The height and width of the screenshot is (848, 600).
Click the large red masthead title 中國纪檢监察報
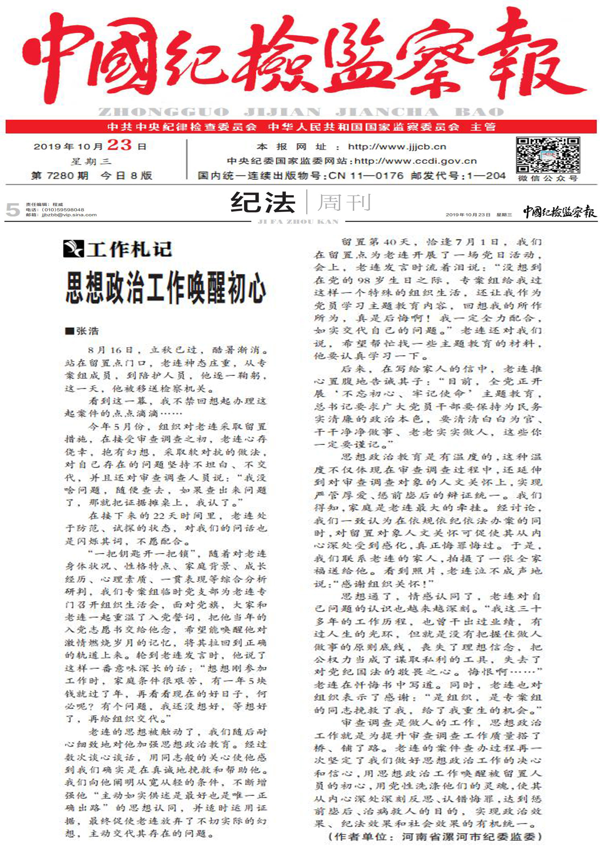(300, 59)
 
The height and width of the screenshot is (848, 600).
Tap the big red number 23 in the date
(120, 145)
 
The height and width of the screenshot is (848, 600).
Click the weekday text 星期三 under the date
(90, 161)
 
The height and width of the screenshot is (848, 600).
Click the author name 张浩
(87, 331)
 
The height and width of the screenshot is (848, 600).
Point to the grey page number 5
(13, 210)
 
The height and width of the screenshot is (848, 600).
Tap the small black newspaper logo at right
(560, 212)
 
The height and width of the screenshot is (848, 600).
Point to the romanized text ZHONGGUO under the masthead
(164, 112)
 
